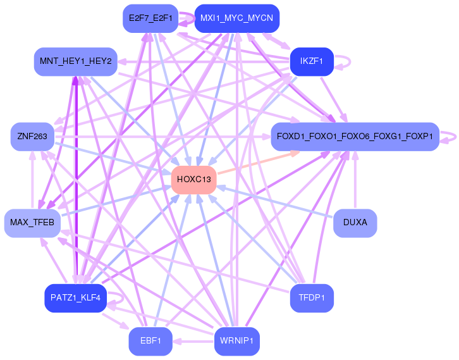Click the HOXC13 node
tap(194, 180)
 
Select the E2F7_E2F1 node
tap(150, 18)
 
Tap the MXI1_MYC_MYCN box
tap(237, 18)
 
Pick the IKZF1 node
tap(312, 61)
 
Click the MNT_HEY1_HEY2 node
tap(76, 61)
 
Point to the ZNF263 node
tap(32, 137)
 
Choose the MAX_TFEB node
tap(32, 223)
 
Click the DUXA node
tap(355, 223)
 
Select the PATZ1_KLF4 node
tap(75, 298)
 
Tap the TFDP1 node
tap(312, 298)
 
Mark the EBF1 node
tap(150, 341)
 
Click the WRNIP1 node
tap(237, 341)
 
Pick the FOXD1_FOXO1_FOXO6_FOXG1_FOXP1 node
tap(355, 137)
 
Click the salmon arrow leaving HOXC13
tap(259, 163)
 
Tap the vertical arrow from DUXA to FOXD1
tap(355, 180)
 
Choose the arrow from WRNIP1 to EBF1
tap(193, 342)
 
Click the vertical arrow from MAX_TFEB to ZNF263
tap(32, 180)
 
